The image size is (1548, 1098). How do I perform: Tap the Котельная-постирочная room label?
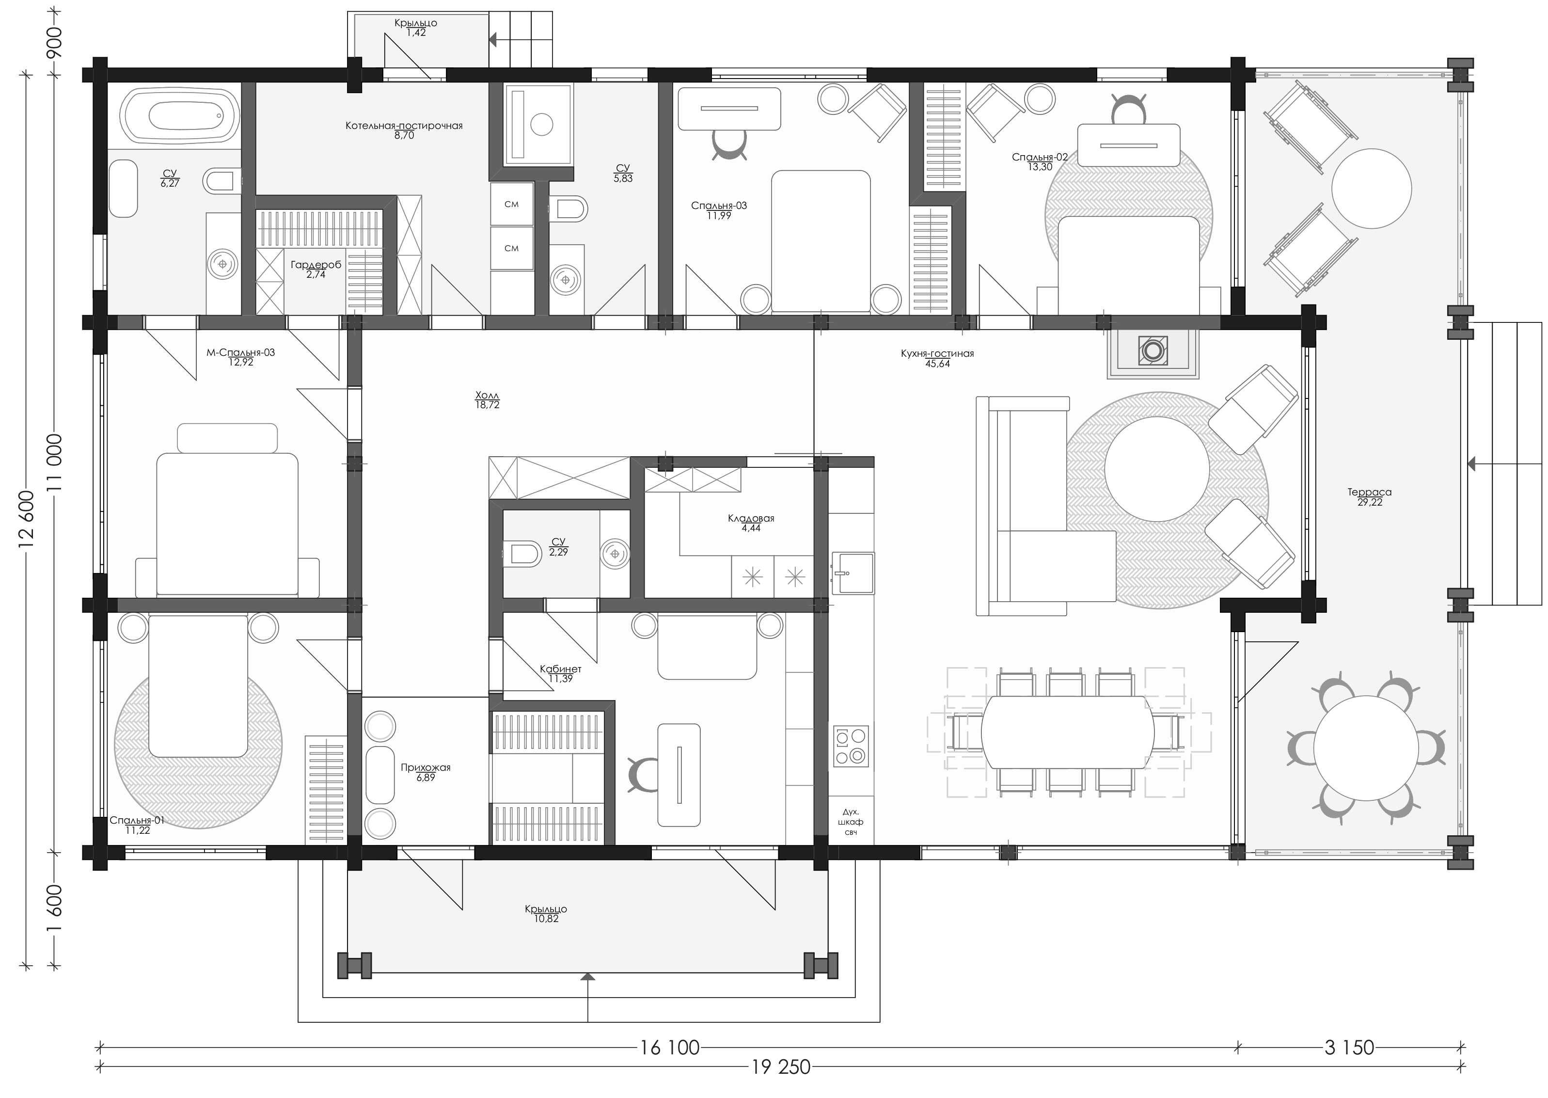point(404,130)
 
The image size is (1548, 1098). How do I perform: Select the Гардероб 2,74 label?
point(316,269)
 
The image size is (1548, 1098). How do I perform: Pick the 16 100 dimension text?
point(669,1048)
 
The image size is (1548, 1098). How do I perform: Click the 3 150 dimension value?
point(1349,1048)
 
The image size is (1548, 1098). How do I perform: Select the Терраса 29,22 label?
point(1370,497)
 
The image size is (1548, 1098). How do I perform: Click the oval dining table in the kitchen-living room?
point(1067,732)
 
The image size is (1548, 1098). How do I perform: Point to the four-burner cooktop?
point(851,747)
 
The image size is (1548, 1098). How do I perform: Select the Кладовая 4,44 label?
point(751,523)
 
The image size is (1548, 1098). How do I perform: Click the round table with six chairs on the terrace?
point(1366,748)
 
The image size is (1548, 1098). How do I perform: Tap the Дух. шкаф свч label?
point(851,822)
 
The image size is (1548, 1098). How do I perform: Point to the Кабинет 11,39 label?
point(560,673)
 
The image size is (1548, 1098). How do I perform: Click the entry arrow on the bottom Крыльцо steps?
point(588,976)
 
